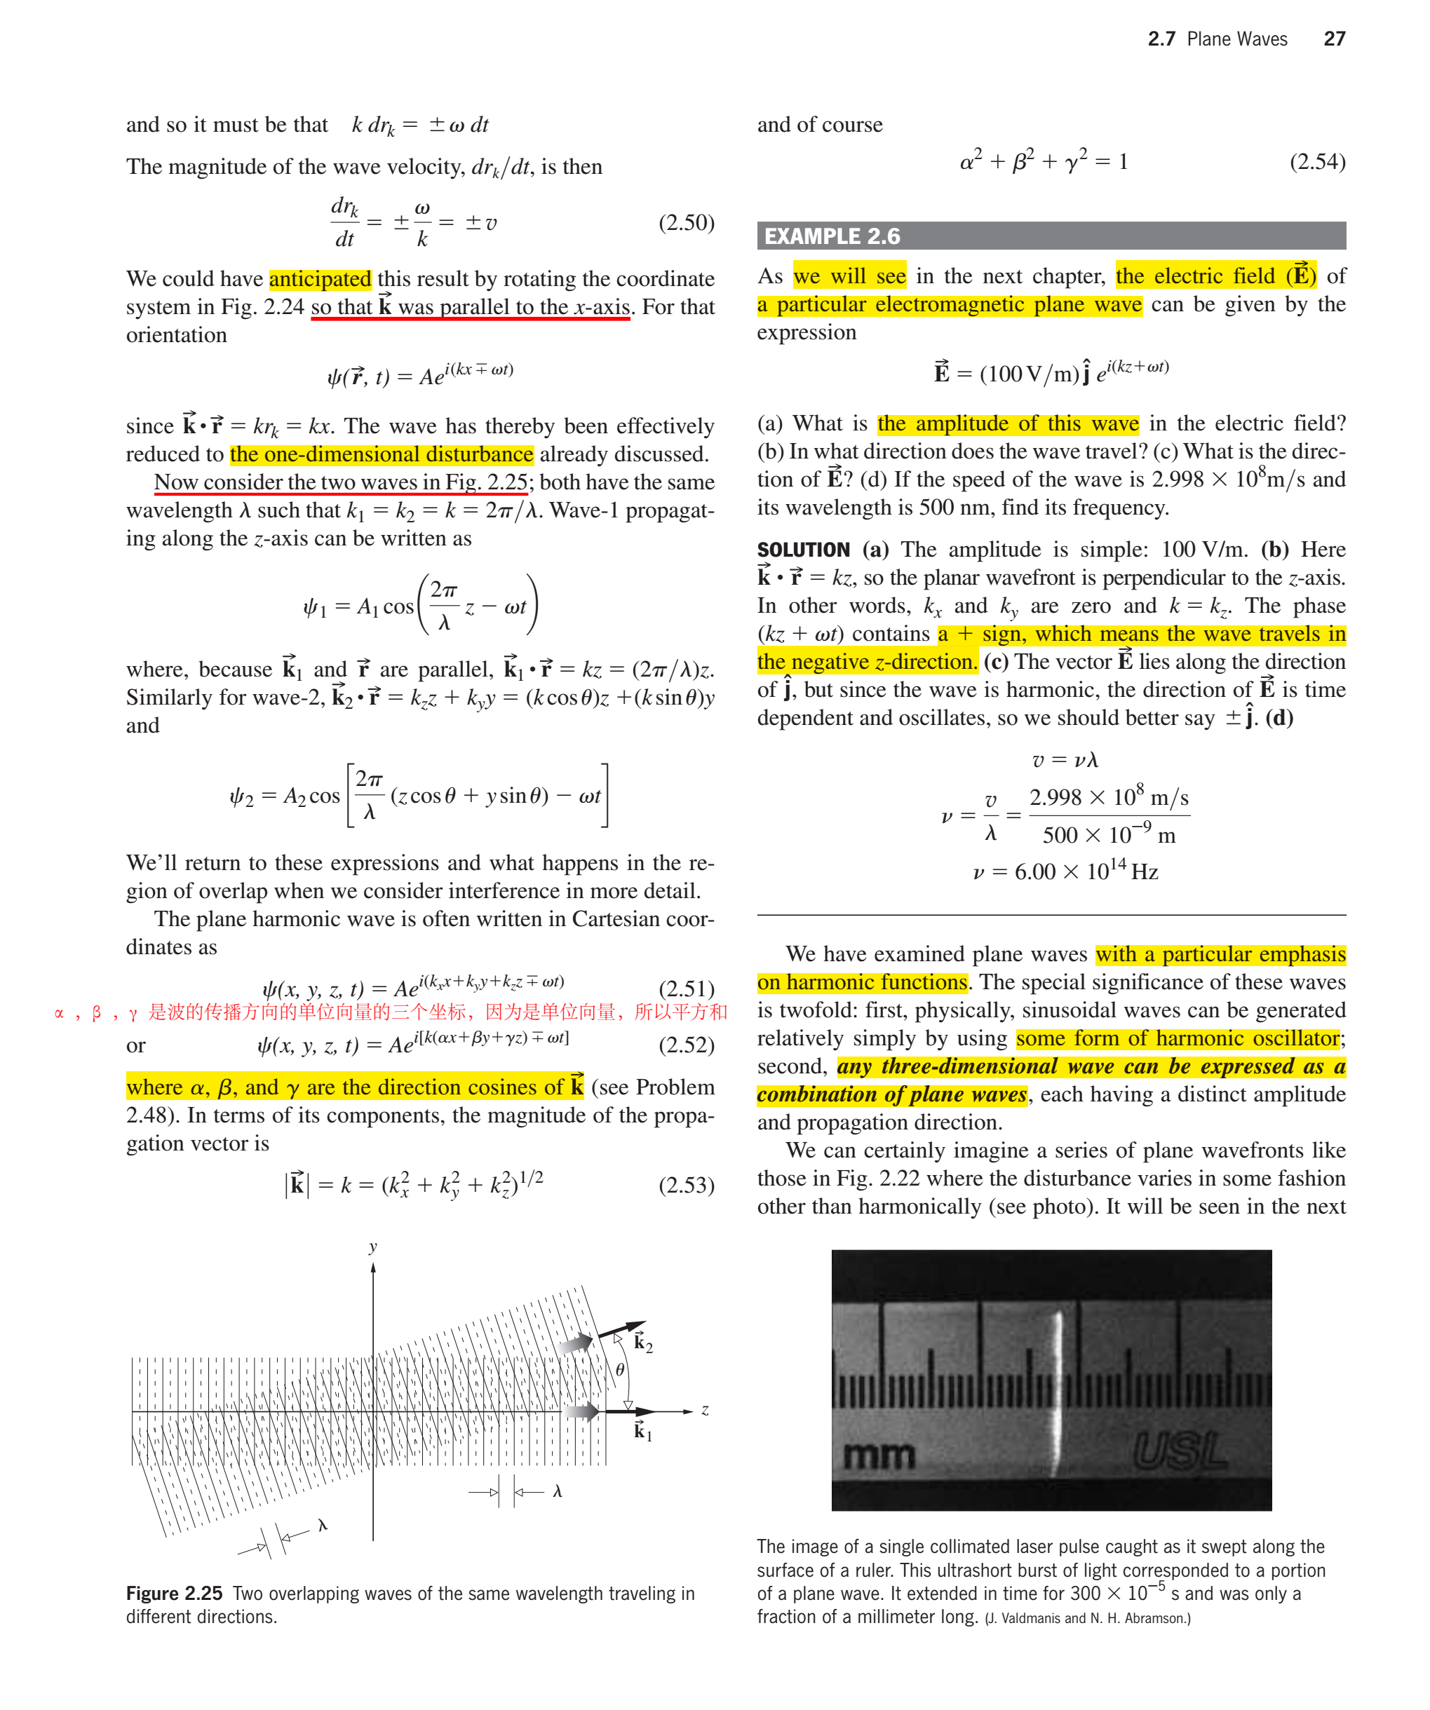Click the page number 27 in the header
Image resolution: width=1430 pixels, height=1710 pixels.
coord(1334,39)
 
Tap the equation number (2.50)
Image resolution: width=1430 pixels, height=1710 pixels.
coord(686,222)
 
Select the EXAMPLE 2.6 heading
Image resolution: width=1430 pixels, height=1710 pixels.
coord(832,236)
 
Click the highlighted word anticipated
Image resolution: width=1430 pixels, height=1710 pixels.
coord(320,279)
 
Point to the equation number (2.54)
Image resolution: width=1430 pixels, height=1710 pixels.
coord(1317,161)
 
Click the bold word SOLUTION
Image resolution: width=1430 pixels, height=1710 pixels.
coord(803,550)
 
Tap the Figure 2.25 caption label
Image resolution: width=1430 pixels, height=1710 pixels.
coord(174,1594)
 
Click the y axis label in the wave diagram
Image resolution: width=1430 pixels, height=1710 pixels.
coord(373,1247)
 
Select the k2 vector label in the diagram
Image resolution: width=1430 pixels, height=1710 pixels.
coord(642,1343)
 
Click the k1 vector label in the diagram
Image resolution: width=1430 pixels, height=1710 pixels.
coord(642,1431)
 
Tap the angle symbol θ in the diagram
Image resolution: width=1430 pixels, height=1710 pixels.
coord(620,1370)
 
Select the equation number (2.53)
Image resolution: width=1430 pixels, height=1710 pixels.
coord(686,1185)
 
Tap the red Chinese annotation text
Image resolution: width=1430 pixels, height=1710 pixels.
coord(391,1012)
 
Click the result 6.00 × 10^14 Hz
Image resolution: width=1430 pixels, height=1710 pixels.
coord(1065,872)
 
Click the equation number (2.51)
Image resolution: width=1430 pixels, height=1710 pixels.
coord(686,989)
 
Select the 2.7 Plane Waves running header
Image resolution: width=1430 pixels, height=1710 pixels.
coord(1217,39)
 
